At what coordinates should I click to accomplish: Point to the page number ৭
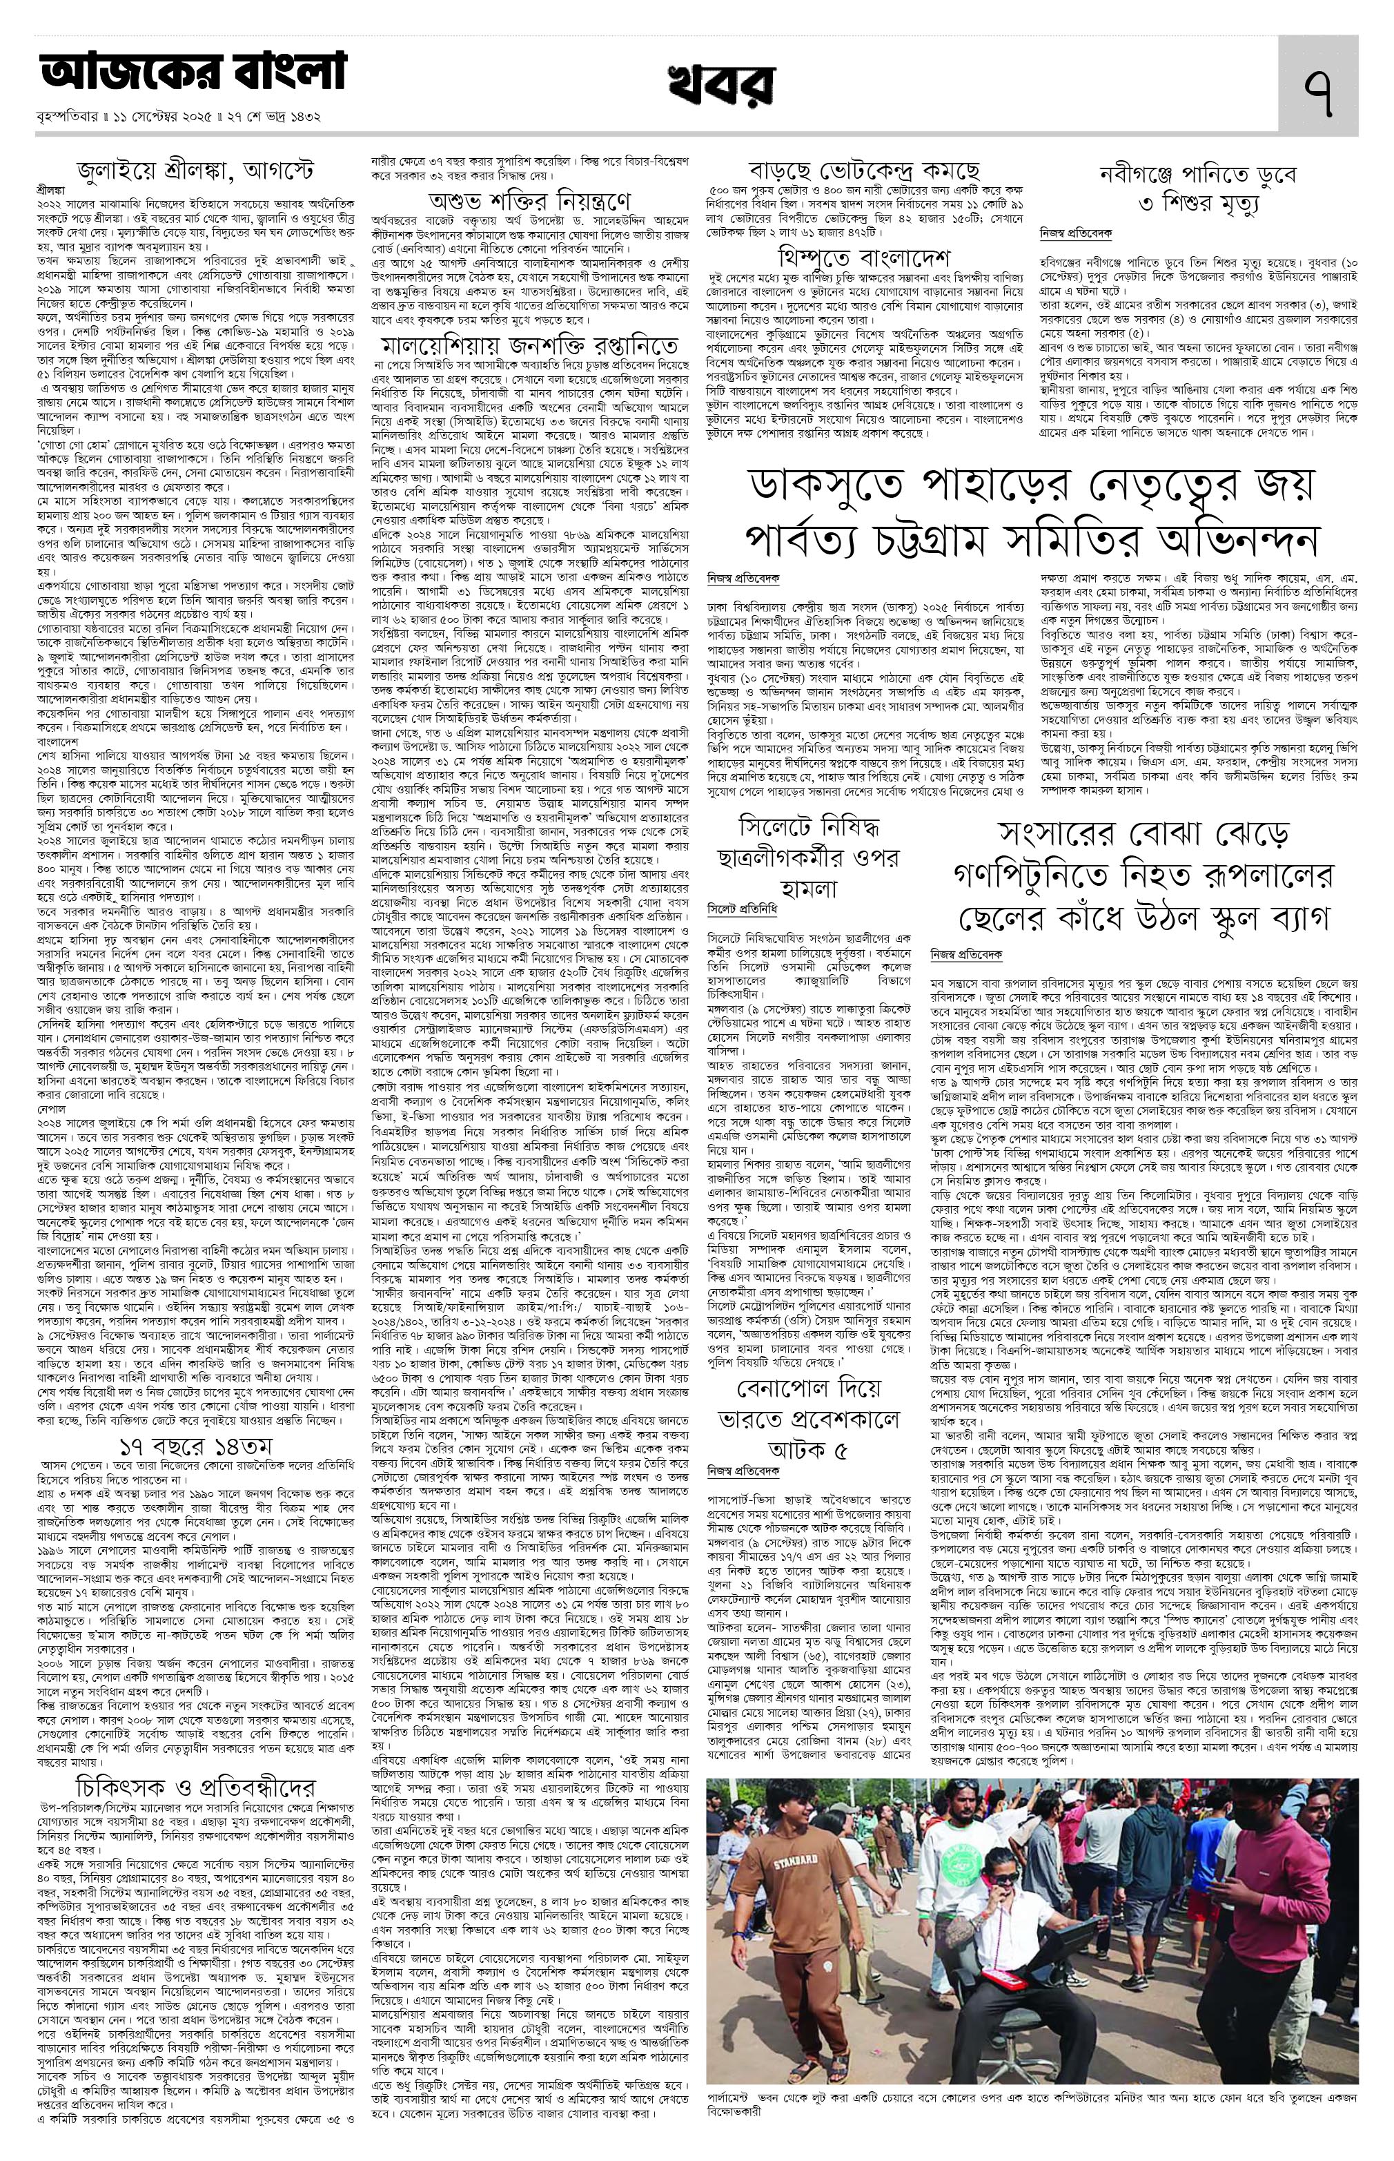point(1317,87)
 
